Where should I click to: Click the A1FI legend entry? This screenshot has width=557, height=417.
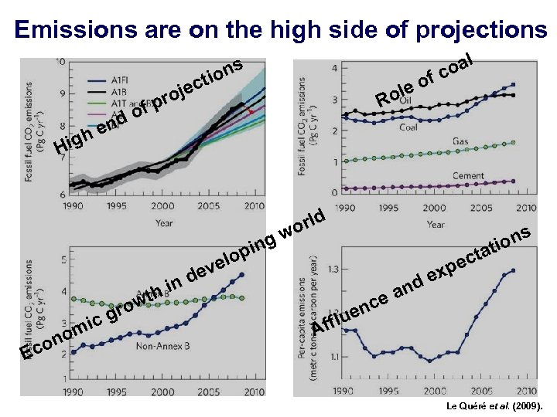(120, 80)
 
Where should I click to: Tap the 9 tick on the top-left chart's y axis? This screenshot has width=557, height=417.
(62, 94)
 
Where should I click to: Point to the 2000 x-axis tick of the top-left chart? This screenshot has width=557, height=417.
(162, 207)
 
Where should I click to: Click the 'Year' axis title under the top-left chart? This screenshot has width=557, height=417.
(164, 223)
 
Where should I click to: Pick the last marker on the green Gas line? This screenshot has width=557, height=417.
(513, 143)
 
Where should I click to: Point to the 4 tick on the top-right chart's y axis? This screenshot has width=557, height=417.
(333, 68)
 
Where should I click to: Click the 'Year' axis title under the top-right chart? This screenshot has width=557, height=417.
(436, 224)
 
